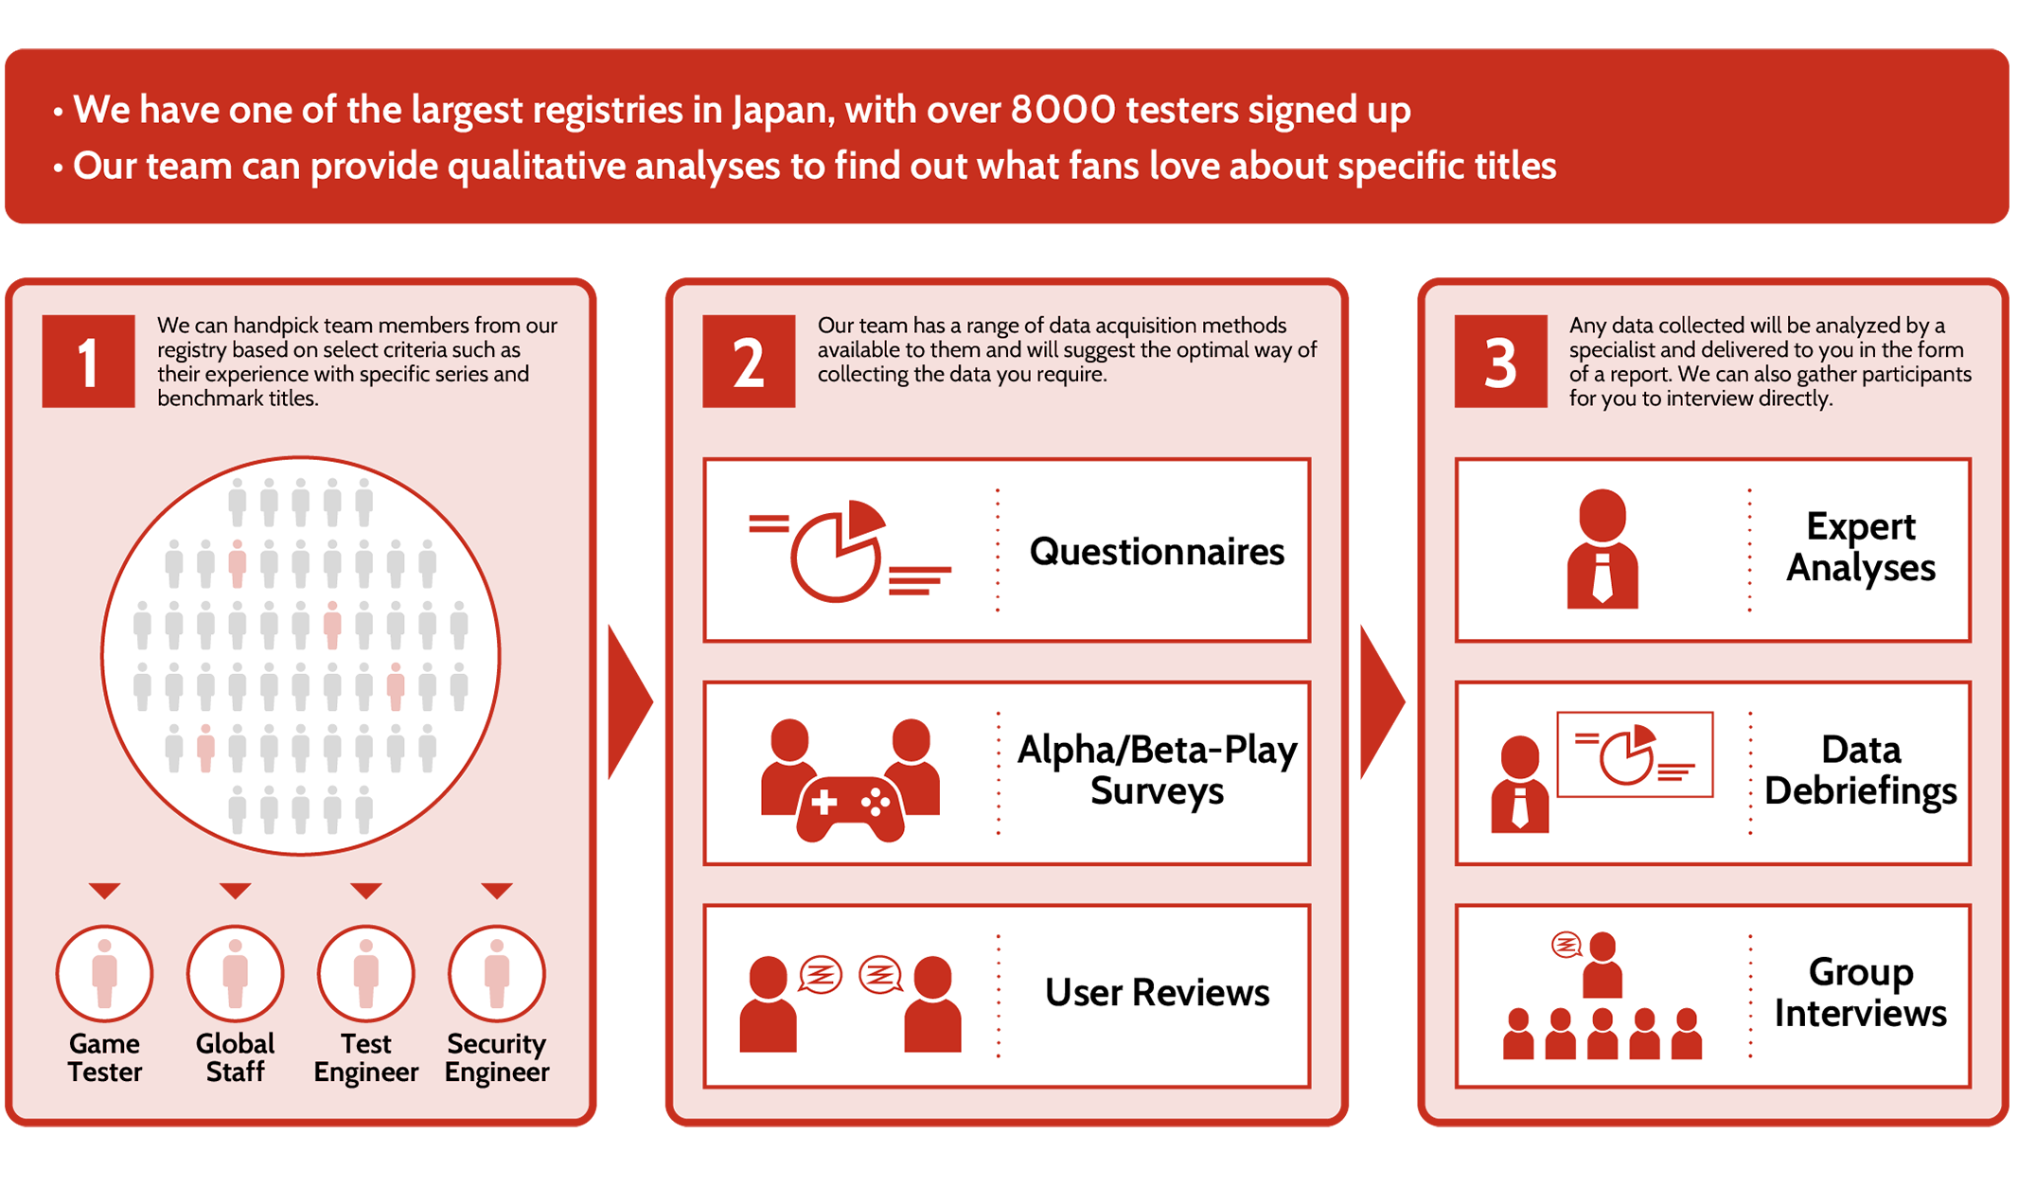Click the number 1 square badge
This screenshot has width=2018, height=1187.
pos(88,361)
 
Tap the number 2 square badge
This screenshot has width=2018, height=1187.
pos(749,361)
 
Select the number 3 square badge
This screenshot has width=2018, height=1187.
pos(1500,361)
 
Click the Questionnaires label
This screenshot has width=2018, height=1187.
pos(1157,551)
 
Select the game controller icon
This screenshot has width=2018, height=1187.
pos(850,808)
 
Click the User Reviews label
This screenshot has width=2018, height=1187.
pos(1157,992)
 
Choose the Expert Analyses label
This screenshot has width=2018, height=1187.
pos(1860,547)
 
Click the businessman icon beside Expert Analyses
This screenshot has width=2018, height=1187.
pos(1602,548)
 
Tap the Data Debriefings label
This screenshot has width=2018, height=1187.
pos(1860,771)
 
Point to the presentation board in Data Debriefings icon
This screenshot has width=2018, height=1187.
pos(1635,754)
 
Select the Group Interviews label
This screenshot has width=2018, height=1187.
pos(1860,993)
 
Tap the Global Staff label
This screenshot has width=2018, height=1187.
pos(235,1057)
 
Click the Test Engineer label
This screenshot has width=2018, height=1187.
pos(365,1057)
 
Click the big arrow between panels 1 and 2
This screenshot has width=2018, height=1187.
pos(629,701)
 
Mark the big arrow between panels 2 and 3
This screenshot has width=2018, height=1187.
pos(1382,701)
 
